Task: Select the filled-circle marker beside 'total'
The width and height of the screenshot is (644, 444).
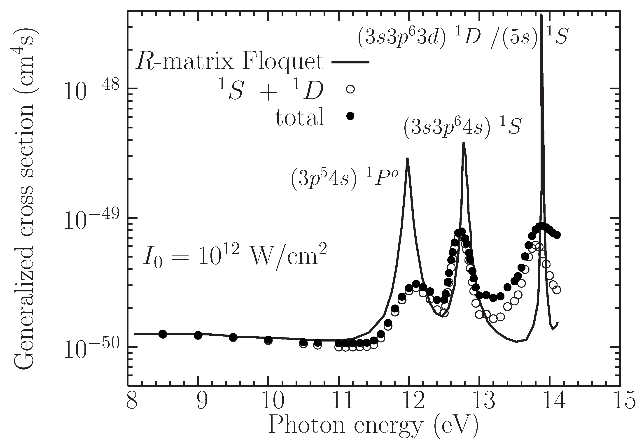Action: pos(350,116)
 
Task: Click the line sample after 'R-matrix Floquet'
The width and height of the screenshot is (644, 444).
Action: pos(351,62)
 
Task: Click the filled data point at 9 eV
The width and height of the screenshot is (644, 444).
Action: pos(198,335)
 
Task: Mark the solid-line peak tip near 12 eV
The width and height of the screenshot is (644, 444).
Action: pos(407,158)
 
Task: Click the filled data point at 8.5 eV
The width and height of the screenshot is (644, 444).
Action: pos(163,334)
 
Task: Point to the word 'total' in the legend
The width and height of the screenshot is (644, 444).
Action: pos(300,117)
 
